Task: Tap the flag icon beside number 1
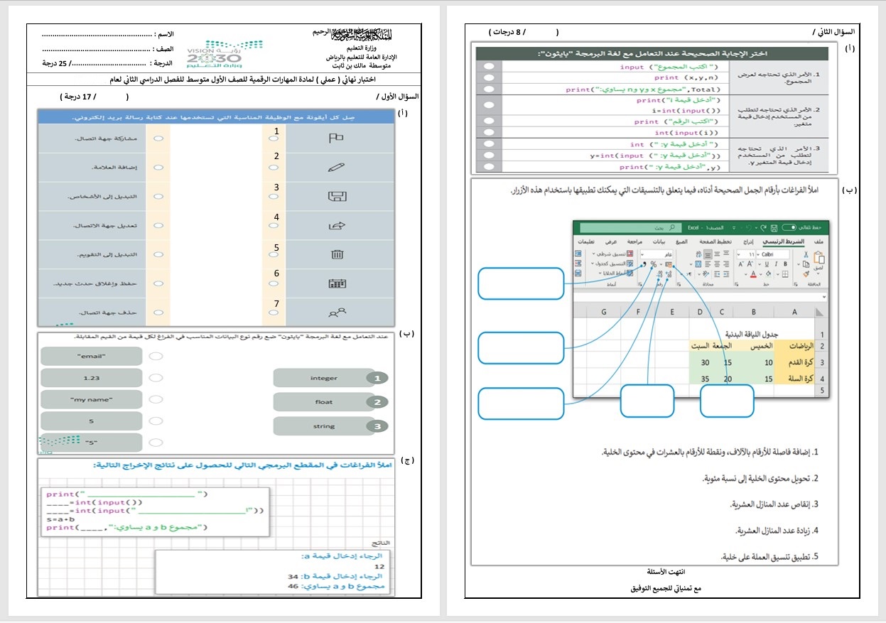(336, 138)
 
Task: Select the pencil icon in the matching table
(336, 168)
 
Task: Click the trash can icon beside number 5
(337, 254)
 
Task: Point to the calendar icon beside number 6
(337, 283)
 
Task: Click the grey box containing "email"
(90, 356)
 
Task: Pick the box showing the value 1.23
(90, 379)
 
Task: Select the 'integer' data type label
(323, 379)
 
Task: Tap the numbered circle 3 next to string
(378, 426)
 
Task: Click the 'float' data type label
(323, 402)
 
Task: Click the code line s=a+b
(62, 519)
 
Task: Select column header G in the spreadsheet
(603, 312)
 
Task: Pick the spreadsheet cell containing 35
(705, 379)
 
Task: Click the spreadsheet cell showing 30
(705, 362)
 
